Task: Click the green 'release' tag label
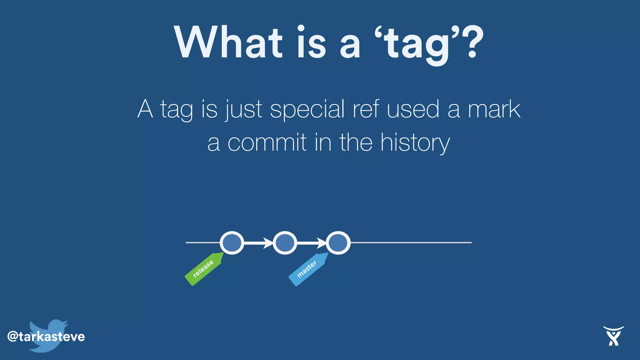(x=203, y=268)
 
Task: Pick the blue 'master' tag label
(x=307, y=269)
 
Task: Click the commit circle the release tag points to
(x=232, y=243)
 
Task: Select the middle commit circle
(x=285, y=243)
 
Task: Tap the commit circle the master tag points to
(x=338, y=243)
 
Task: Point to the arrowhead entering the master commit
(x=322, y=243)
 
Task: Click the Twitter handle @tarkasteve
(x=46, y=337)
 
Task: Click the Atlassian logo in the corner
(x=613, y=336)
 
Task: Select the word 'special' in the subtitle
(x=307, y=109)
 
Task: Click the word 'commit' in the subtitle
(x=267, y=142)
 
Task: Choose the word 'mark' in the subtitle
(x=494, y=109)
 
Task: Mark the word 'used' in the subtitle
(x=413, y=109)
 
